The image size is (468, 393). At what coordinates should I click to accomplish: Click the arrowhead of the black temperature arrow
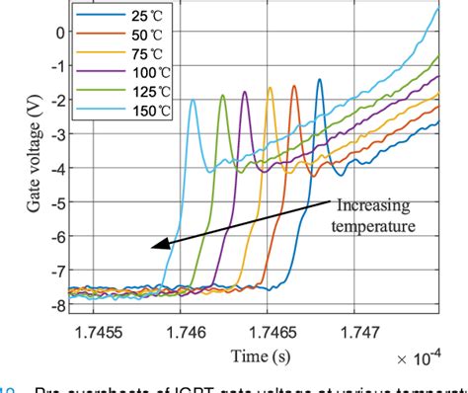[x=147, y=254]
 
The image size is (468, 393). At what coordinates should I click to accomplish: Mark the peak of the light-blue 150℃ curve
[x=192, y=99]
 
